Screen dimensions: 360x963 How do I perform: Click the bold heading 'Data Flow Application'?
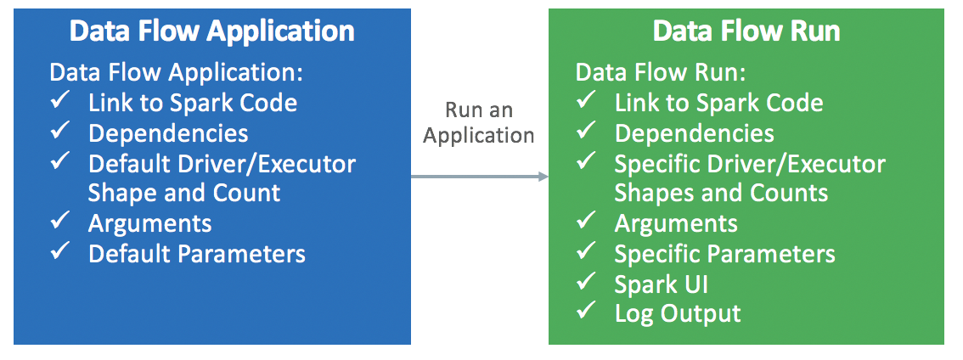(211, 32)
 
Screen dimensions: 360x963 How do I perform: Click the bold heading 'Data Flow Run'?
(746, 32)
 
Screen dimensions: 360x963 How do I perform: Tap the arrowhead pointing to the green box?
(543, 177)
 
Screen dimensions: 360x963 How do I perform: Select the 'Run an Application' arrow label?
(479, 123)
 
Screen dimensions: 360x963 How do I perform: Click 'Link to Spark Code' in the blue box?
(192, 104)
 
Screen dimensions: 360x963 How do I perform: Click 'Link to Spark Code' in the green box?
(718, 104)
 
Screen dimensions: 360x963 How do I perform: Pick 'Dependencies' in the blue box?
(168, 133)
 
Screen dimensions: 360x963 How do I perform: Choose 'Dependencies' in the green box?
(694, 133)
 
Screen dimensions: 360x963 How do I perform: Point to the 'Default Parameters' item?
(196, 253)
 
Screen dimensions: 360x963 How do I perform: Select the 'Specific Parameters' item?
(724, 254)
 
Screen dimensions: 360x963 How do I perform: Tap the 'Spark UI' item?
(661, 284)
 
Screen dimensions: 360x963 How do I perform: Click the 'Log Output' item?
(677, 313)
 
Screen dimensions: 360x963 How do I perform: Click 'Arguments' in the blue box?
(149, 223)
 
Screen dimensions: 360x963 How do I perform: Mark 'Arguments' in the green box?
(676, 223)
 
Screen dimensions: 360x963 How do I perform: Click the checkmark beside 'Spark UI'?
(586, 282)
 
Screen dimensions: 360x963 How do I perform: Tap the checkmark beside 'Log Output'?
(586, 312)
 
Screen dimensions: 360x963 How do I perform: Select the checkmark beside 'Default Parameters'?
(59, 251)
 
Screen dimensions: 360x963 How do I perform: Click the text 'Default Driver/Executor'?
(222, 163)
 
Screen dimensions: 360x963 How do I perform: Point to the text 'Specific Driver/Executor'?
(750, 163)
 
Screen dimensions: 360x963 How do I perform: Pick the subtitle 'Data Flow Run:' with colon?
(661, 73)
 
